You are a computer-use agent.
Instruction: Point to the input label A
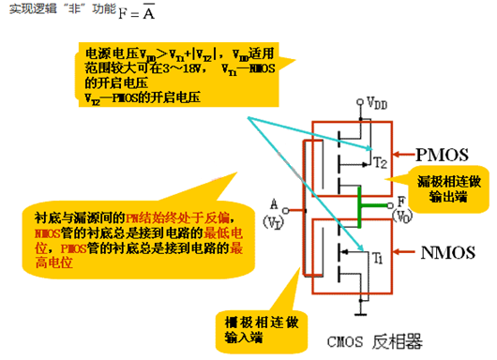pyautogui.click(x=274, y=200)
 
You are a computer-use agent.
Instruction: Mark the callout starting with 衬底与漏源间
pyautogui.click(x=131, y=233)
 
